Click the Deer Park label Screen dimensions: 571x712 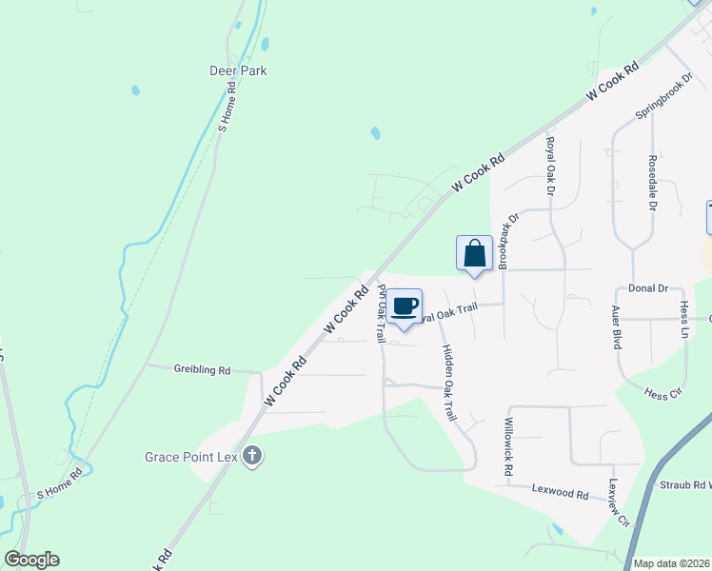[x=238, y=70]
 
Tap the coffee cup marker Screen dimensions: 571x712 [x=405, y=305]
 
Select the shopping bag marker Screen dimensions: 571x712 [x=474, y=254]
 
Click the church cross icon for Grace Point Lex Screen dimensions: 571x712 [x=252, y=456]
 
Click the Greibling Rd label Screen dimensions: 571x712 [x=202, y=369]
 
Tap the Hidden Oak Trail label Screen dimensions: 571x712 [x=450, y=380]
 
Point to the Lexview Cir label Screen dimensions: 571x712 [x=621, y=502]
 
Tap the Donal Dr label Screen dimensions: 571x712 [x=650, y=287]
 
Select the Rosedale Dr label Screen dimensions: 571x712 [x=653, y=183]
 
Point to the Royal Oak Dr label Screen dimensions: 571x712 [x=550, y=166]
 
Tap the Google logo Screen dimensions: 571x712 [x=31, y=560]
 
